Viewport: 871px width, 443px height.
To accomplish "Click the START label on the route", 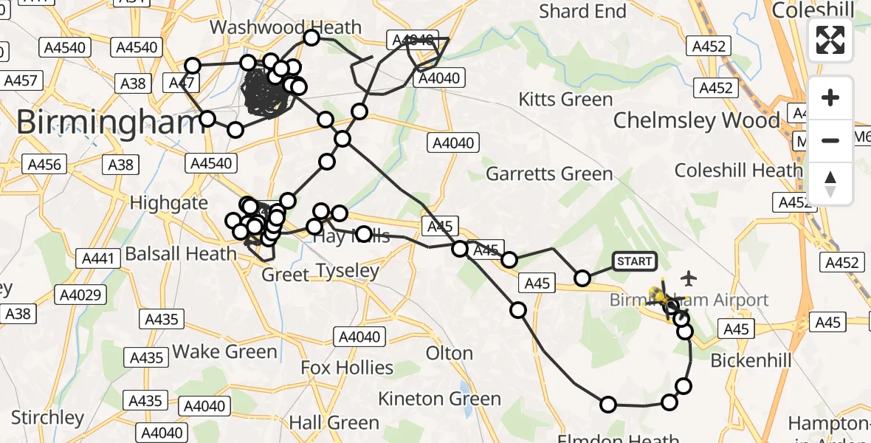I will (634, 261).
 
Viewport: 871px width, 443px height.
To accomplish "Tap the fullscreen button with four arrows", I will (830, 40).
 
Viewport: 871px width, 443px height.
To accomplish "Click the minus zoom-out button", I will (830, 140).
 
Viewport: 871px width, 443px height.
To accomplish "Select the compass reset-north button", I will (830, 183).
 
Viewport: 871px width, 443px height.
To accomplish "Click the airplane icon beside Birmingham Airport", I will (689, 278).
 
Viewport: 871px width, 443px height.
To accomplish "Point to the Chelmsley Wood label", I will (696, 120).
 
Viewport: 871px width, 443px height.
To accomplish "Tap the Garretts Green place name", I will (549, 174).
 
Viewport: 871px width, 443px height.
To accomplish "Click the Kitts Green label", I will (565, 99).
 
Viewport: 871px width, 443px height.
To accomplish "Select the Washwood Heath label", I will (286, 27).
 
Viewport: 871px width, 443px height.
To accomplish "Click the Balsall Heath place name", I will (181, 253).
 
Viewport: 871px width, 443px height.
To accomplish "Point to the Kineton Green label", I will (439, 399).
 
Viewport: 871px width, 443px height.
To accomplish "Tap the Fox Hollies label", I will (347, 367).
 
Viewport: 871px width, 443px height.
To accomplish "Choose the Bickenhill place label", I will (750, 360).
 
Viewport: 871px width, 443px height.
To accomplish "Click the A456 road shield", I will (45, 163).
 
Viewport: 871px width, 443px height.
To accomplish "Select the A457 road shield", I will (21, 80).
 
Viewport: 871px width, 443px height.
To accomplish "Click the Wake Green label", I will (224, 351).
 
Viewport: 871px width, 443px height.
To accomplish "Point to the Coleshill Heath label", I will (737, 171).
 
